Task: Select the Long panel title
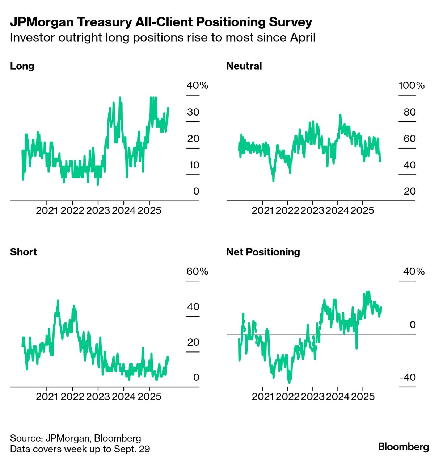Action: pyautogui.click(x=22, y=66)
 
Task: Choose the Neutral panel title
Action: pyautogui.click(x=244, y=66)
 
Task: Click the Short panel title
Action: pyautogui.click(x=24, y=252)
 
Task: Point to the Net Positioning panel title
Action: pyautogui.click(x=263, y=252)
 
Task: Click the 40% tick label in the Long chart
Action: pyautogui.click(x=197, y=85)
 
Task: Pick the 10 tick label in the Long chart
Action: pyautogui.click(x=194, y=165)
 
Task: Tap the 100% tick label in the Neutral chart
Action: pyautogui.click(x=412, y=85)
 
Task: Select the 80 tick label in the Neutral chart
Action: pyautogui.click(x=410, y=112)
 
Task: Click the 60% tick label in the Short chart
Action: pyautogui.click(x=197, y=271)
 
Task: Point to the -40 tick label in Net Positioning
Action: pyautogui.click(x=408, y=378)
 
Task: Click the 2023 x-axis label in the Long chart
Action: pyautogui.click(x=98, y=210)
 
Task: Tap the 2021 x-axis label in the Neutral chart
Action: pyautogui.click(x=262, y=210)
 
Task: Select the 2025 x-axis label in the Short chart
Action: pyautogui.click(x=149, y=396)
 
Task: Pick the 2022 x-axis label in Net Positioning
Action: pyautogui.click(x=287, y=396)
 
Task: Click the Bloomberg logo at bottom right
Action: pyautogui.click(x=404, y=447)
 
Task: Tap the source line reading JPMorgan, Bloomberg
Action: pyautogui.click(x=75, y=438)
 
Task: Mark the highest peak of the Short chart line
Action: pyautogui.click(x=58, y=300)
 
